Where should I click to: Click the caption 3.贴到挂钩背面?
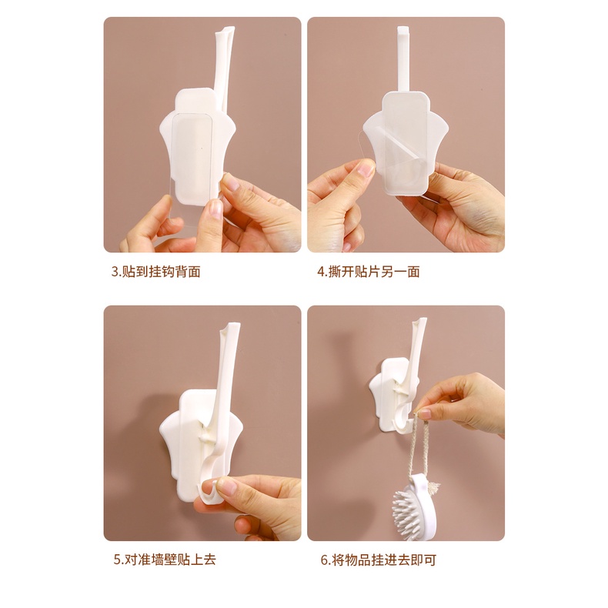click(x=155, y=272)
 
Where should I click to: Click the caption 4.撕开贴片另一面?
click(x=369, y=272)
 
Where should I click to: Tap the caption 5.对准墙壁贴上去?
click(x=163, y=560)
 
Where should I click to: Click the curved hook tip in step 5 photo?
click(x=205, y=489)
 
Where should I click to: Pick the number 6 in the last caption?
click(x=324, y=560)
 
